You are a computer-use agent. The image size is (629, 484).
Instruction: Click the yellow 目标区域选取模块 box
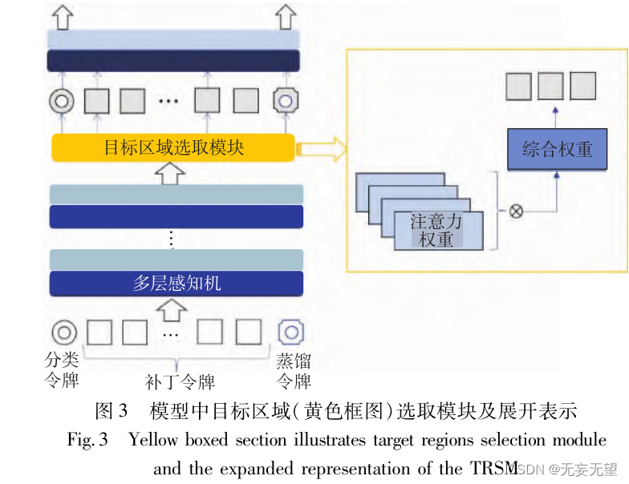pos(173,147)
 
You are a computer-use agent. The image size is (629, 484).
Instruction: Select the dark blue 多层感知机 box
pos(177,284)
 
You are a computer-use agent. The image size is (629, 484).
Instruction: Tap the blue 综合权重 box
pos(557,148)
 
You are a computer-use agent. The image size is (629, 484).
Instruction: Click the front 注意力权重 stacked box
pos(438,229)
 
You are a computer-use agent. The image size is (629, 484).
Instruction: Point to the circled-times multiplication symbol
pos(516,212)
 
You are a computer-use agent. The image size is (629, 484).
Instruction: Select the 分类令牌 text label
pos(62,369)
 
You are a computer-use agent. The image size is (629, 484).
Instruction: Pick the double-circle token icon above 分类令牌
pos(63,332)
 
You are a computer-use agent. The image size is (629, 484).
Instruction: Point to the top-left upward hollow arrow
pos(64,15)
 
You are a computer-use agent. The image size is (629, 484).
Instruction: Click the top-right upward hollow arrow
pos(286,15)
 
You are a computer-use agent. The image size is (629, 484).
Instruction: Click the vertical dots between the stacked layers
pos(170,239)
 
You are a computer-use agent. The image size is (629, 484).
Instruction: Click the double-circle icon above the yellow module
pos(62,101)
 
